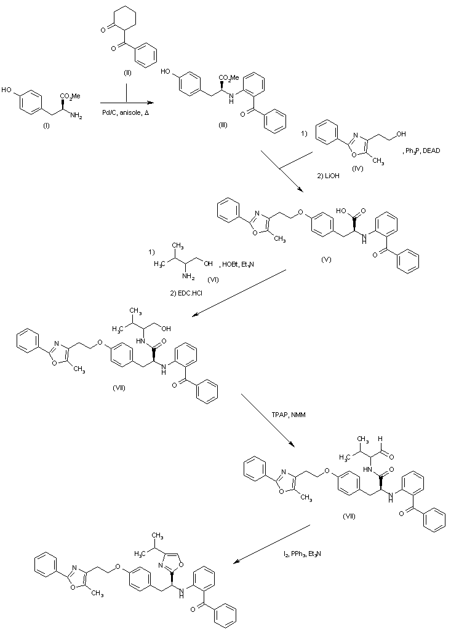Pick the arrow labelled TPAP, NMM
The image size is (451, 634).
click(268, 418)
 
